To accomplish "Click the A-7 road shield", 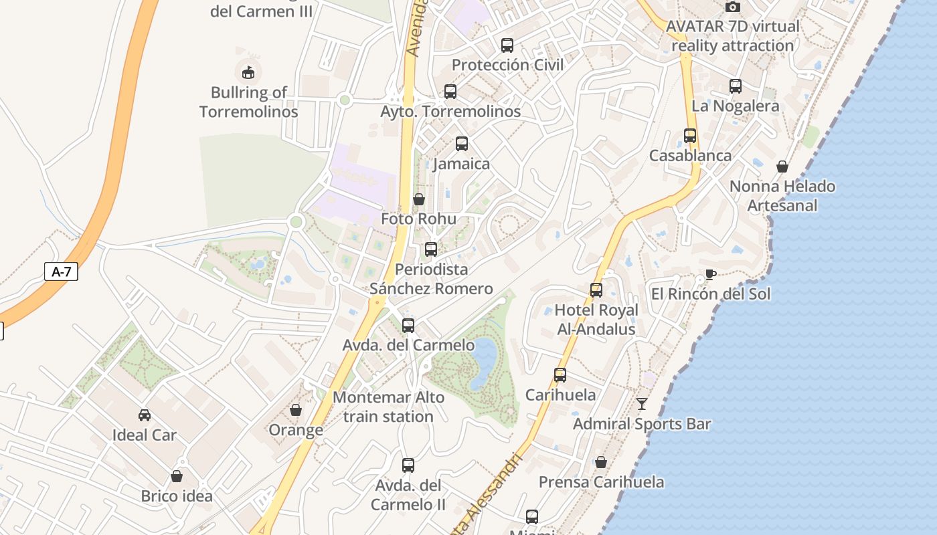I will pos(61,272).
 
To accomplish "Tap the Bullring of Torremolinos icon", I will pos(248,72).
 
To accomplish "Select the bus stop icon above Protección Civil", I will pos(507,45).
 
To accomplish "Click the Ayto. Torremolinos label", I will pos(450,111).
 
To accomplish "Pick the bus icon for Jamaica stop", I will pos(461,143).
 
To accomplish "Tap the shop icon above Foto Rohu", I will pos(418,199).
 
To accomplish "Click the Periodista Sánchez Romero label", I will pos(431,279).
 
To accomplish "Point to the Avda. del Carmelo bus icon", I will pos(408,326).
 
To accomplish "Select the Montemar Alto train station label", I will pos(388,407).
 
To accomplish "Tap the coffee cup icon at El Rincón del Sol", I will pos(710,275).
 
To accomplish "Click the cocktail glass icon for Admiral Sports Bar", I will pos(642,403).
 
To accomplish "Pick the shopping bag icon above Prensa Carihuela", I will pos(601,462).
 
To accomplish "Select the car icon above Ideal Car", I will pos(144,415).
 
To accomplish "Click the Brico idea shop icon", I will pos(177,476).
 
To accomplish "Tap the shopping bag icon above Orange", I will pos(295,410).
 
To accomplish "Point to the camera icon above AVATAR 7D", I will pos(733,7).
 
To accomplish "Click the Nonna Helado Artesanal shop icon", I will pos(782,167).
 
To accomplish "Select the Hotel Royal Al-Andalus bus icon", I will pos(596,290).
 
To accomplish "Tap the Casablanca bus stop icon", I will pos(690,136).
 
